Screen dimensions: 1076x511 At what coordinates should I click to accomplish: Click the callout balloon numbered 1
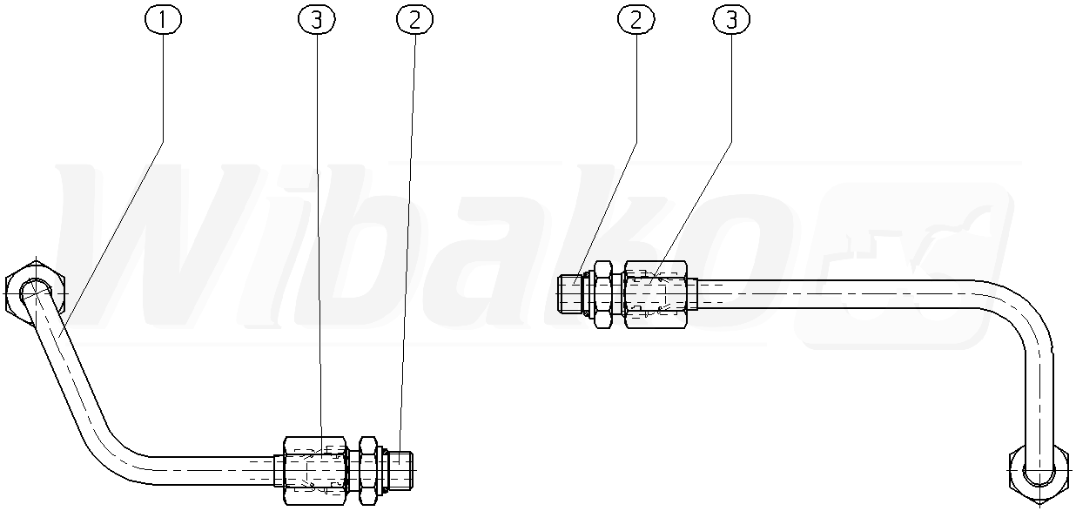click(x=163, y=19)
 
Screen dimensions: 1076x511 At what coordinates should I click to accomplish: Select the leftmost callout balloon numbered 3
click(x=317, y=19)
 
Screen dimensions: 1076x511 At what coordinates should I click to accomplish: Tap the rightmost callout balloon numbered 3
click(x=731, y=19)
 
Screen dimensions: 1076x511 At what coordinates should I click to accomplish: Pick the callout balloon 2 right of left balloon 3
click(x=414, y=19)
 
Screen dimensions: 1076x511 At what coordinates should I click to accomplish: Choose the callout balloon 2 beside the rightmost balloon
click(x=636, y=19)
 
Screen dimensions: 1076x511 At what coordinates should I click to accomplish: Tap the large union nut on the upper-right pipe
click(x=656, y=294)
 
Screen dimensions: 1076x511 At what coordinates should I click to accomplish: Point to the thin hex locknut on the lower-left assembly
click(x=368, y=470)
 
